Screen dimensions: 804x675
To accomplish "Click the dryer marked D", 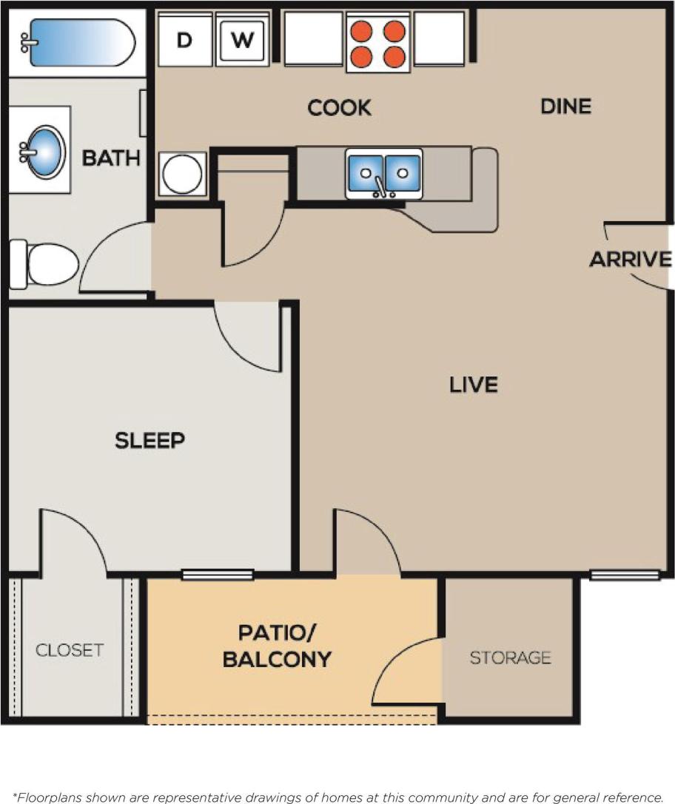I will click(x=185, y=40).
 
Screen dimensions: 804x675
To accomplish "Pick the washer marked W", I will click(x=241, y=40).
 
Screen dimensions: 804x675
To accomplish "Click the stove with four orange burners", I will click(x=377, y=43).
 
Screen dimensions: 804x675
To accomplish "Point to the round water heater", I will click(x=182, y=174).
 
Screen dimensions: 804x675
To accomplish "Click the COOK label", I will click(x=339, y=108).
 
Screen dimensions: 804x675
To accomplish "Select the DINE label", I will click(x=565, y=107).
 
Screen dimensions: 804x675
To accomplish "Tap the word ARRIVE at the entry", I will click(x=631, y=260).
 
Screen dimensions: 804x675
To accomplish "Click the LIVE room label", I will click(x=474, y=385).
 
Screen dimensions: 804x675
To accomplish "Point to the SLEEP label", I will click(x=150, y=441).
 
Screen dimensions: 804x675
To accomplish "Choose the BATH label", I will click(x=111, y=158).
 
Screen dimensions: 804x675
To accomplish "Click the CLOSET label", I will click(x=70, y=650).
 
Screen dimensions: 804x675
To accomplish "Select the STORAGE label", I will click(x=510, y=657).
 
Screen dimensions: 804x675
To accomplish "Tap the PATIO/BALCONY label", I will click(x=276, y=646).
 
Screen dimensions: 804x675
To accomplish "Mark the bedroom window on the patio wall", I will click(x=217, y=574).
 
